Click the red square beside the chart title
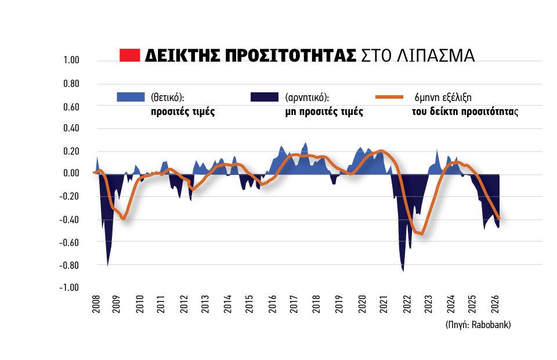click(129, 55)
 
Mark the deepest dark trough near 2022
click(403, 271)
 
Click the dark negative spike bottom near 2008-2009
click(108, 265)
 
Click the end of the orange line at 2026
click(499, 218)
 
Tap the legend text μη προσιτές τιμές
click(324, 111)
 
